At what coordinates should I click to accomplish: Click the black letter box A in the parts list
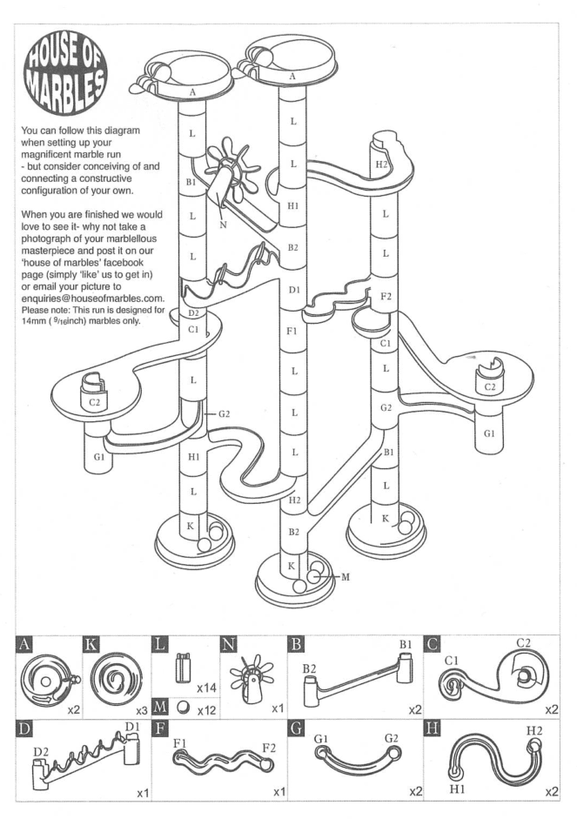coord(27,646)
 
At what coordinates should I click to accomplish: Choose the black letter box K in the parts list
coord(92,646)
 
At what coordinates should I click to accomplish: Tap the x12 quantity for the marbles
coord(205,711)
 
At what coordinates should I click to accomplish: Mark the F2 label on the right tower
coord(386,298)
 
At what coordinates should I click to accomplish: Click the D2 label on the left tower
coord(195,312)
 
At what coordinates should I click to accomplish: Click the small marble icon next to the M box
coord(183,710)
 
